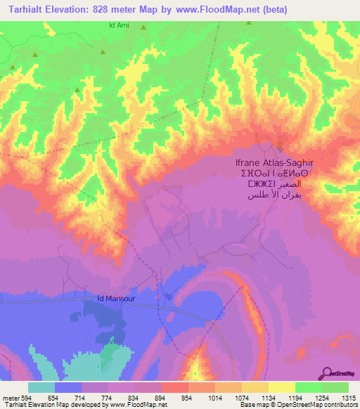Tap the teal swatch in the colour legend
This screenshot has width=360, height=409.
click(x=41, y=387)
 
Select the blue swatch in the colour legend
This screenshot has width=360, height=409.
click(x=68, y=387)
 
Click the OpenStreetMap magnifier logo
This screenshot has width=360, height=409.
click(x=326, y=373)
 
